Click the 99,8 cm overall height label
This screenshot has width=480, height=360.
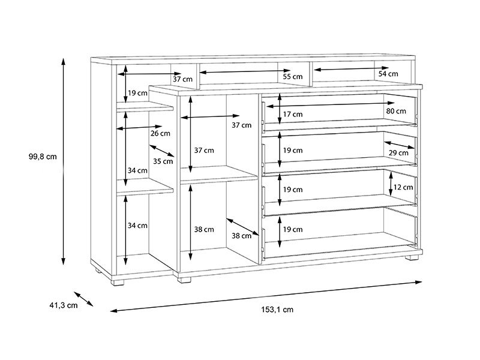pos(43,157)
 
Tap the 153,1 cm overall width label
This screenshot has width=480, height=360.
pos(277,310)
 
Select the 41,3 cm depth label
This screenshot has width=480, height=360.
pos(64,305)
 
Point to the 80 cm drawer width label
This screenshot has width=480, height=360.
pos(396,111)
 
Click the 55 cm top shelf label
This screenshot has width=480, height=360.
pos(293,76)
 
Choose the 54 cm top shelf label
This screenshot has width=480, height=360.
pos(388,74)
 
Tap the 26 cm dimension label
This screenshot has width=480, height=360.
pos(160,133)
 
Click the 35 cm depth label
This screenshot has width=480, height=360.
pos(163,161)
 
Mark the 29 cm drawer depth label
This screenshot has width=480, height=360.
pos(398,152)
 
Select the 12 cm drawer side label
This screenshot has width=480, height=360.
pos(403,187)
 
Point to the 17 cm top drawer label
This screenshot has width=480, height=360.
pos(293,114)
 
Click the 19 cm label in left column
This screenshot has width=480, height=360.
pos(137,93)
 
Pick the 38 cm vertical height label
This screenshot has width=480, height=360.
pos(204,229)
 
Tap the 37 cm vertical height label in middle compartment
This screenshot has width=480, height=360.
pos(204,151)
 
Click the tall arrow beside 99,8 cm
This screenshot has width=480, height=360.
pos(64,161)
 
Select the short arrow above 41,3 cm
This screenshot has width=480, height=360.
pos(83,299)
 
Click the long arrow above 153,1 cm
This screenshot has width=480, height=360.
pos(266,296)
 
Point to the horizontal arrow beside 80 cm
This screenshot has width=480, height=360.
pos(331,104)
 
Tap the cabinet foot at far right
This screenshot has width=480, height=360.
pos(412,257)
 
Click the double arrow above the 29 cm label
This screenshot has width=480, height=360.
pos(400,145)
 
